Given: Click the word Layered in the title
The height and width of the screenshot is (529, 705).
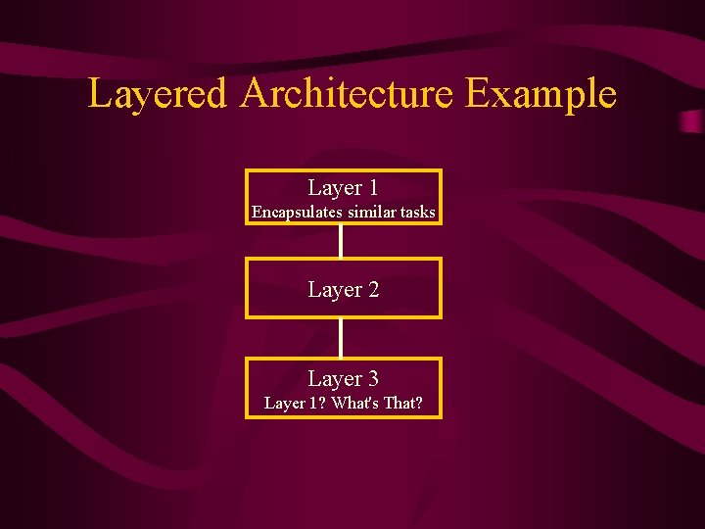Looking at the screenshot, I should pyautogui.click(x=158, y=95).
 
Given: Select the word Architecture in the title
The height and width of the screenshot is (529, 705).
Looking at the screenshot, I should pyautogui.click(x=346, y=95).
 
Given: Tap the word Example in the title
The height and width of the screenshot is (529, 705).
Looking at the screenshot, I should pyautogui.click(x=540, y=95).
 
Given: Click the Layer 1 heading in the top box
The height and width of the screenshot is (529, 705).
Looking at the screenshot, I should pyautogui.click(x=343, y=188).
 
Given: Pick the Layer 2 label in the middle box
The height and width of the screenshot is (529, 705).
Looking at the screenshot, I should pyautogui.click(x=343, y=290).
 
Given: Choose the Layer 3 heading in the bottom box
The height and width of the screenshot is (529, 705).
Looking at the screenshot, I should pyautogui.click(x=343, y=379).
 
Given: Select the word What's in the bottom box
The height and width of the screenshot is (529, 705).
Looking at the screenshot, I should pyautogui.click(x=361, y=403).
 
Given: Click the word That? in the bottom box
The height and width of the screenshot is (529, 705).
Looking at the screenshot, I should pyautogui.click(x=403, y=403).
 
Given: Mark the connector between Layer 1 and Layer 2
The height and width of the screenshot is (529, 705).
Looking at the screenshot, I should pyautogui.click(x=341, y=241).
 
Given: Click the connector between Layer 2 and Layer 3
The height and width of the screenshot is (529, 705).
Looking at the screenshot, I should pyautogui.click(x=341, y=337).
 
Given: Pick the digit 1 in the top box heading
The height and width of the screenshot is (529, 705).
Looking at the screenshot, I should pyautogui.click(x=372, y=188).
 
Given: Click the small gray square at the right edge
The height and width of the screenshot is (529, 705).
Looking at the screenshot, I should pyautogui.click(x=692, y=121).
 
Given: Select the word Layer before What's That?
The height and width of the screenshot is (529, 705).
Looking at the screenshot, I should pyautogui.click(x=285, y=403).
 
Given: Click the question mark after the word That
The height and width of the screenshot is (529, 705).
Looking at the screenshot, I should pyautogui.click(x=419, y=403).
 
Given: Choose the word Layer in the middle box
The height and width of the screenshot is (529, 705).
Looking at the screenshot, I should pyautogui.click(x=333, y=290).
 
